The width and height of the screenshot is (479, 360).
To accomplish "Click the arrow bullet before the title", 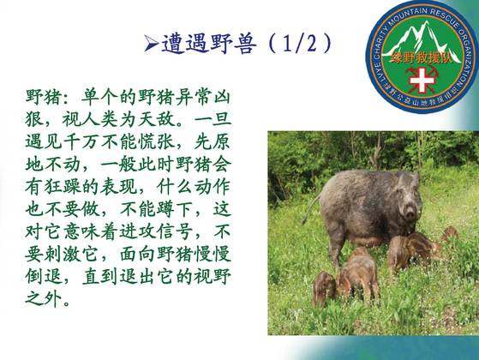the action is pos(152,44).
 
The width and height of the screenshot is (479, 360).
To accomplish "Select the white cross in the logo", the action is pos(422,80).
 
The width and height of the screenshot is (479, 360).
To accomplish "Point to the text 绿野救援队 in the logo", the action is pos(422,58).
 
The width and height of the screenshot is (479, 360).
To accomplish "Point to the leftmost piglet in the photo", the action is pos(324,288).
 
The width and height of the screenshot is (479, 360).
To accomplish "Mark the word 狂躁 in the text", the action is pos(63,187).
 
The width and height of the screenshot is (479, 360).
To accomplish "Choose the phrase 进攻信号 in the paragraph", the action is pos(157,232).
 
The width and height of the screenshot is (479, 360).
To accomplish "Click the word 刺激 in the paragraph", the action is pos(63,255).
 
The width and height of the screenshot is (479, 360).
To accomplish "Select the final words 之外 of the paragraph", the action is pos(44,299).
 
